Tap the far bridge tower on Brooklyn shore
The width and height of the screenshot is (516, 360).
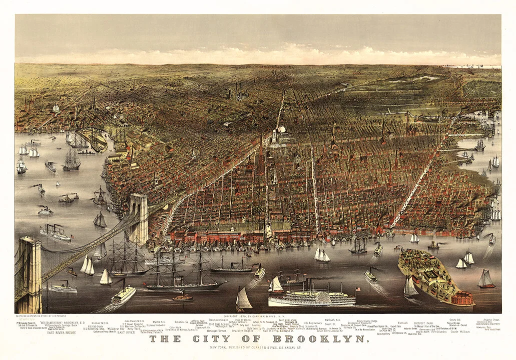[138, 218]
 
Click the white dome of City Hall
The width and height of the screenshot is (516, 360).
[282, 129]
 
